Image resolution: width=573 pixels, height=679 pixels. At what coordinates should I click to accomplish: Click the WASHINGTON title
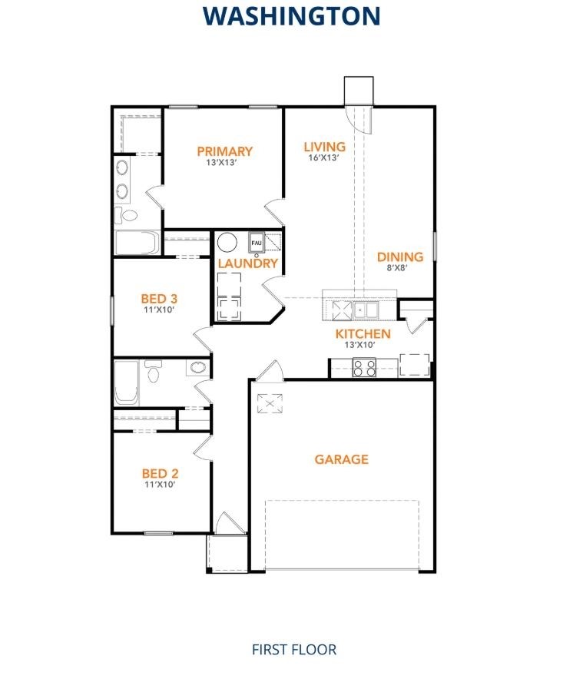(291, 15)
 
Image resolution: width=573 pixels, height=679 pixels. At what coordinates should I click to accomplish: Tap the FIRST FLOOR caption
(294, 649)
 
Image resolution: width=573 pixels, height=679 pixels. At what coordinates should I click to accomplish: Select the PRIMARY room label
(224, 151)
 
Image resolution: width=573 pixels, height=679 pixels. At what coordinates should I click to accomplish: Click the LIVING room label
(324, 147)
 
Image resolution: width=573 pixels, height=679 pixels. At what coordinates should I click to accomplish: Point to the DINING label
(399, 257)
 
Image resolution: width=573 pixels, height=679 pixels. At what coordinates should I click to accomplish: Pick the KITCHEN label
(363, 334)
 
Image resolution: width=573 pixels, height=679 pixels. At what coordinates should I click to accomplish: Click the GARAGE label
(342, 459)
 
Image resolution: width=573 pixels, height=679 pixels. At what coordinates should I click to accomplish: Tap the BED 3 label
(160, 298)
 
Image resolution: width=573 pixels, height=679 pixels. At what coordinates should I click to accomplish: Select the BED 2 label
(160, 474)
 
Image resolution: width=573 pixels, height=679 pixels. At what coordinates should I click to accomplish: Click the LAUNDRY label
(247, 263)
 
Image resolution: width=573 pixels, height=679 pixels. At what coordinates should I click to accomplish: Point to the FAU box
(256, 243)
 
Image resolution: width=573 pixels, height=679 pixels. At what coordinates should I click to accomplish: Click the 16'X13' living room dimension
(324, 158)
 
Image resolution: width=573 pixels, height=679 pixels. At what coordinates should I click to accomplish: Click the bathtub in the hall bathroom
(127, 383)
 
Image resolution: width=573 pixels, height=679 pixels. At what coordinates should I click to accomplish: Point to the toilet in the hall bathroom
(154, 373)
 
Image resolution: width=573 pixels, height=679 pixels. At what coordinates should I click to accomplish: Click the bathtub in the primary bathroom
(136, 243)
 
